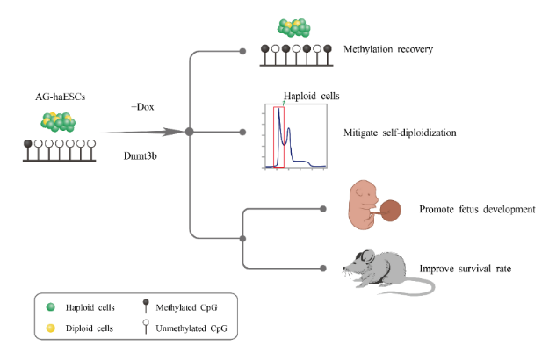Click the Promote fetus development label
click(477, 209)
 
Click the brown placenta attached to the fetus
click(392, 211)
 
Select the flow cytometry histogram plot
click(296, 136)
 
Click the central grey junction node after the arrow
click(189, 133)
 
